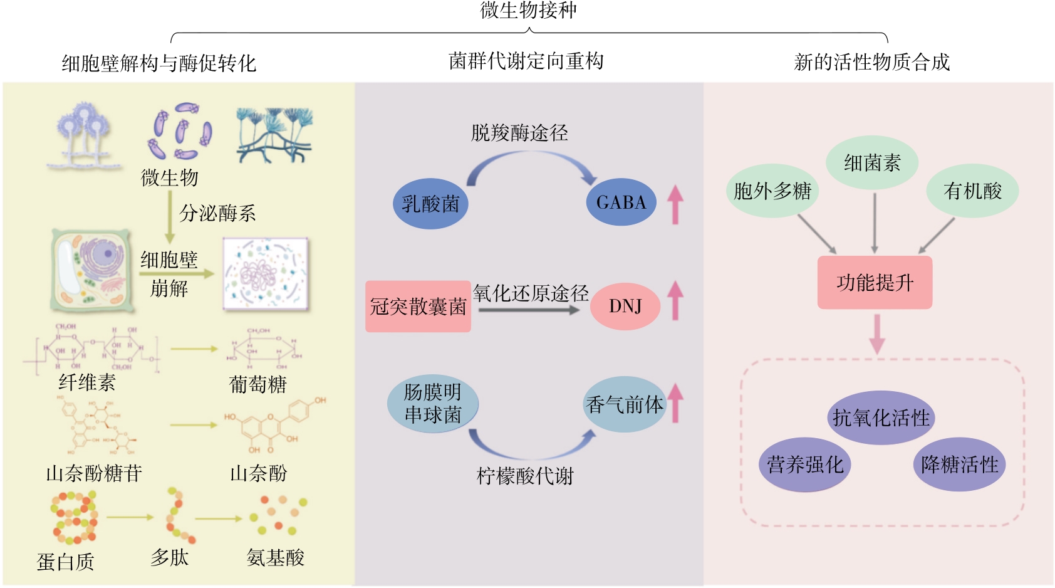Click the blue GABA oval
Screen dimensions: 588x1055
tap(621, 202)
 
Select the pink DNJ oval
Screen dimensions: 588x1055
tap(625, 306)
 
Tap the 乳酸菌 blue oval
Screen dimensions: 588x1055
tap(430, 204)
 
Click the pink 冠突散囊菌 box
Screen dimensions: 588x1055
tap(418, 307)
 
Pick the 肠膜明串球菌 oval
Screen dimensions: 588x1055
tap(432, 404)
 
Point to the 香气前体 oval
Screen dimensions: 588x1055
tap(624, 404)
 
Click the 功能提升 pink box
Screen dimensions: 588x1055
tap(875, 283)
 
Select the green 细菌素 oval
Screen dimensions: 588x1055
tap(872, 164)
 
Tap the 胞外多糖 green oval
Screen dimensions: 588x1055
tap(772, 191)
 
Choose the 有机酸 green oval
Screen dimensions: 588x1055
tap(972, 191)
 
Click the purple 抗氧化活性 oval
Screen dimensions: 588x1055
tap(881, 417)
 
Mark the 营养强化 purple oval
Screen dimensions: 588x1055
tap(805, 465)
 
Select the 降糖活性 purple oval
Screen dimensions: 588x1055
tap(959, 465)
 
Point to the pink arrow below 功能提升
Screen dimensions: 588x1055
tap(877, 333)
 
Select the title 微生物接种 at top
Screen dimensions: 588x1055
tap(528, 10)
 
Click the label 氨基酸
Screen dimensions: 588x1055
tap(276, 557)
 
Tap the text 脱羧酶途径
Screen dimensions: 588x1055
tap(519, 133)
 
